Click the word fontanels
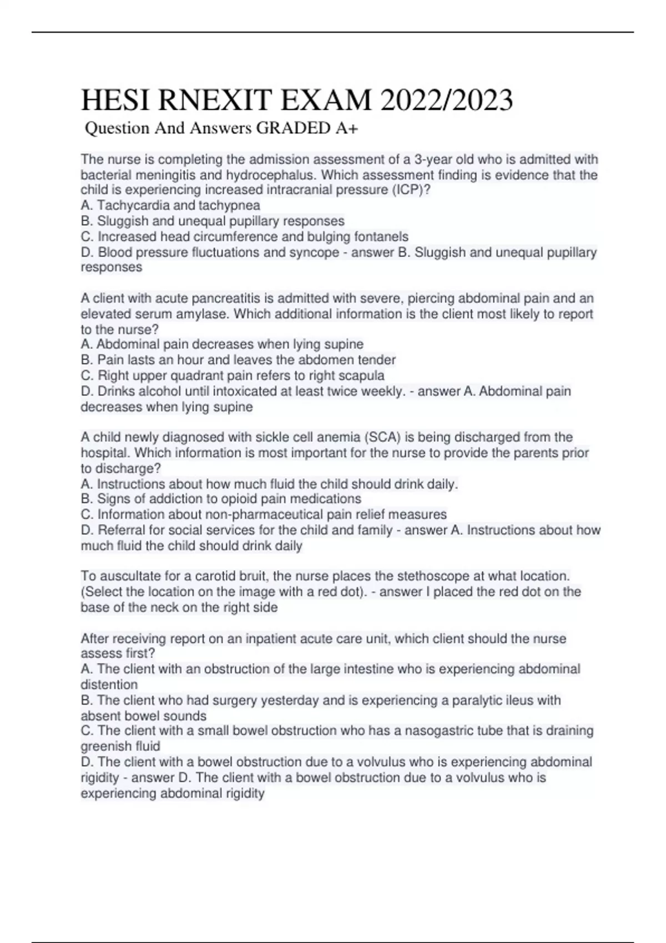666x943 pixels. tap(381, 237)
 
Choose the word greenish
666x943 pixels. tap(106, 746)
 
